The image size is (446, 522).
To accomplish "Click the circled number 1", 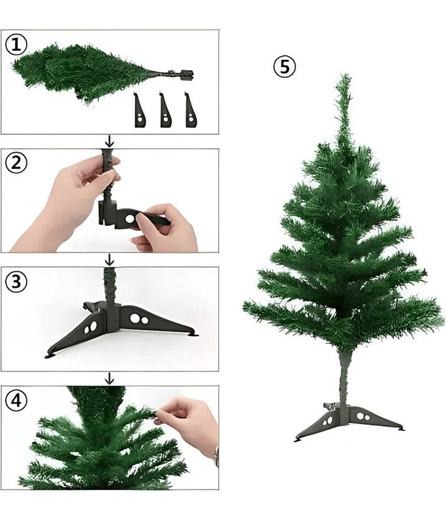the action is click(x=16, y=45).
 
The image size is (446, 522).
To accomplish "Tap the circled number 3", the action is click(x=16, y=282).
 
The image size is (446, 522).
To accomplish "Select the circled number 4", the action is click(x=16, y=400).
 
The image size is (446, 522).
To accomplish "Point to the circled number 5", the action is click(x=285, y=67).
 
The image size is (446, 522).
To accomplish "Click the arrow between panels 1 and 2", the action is click(x=109, y=141).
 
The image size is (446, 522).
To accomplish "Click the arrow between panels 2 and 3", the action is click(x=109, y=259).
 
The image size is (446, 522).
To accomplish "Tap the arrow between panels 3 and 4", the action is click(x=109, y=378).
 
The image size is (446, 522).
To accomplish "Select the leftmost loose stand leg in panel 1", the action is click(x=140, y=110).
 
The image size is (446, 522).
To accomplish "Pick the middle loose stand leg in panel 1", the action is click(x=166, y=110).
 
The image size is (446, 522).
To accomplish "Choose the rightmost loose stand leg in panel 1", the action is click(x=191, y=110).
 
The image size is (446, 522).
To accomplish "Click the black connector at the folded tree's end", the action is click(x=187, y=75).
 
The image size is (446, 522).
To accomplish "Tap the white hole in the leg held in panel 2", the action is click(x=130, y=219).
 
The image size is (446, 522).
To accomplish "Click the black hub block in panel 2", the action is click(x=107, y=213).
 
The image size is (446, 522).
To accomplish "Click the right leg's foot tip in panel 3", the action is click(x=193, y=334).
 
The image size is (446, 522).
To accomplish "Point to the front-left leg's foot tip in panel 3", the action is click(x=49, y=355).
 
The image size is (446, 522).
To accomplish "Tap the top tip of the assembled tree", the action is click(x=343, y=74).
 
